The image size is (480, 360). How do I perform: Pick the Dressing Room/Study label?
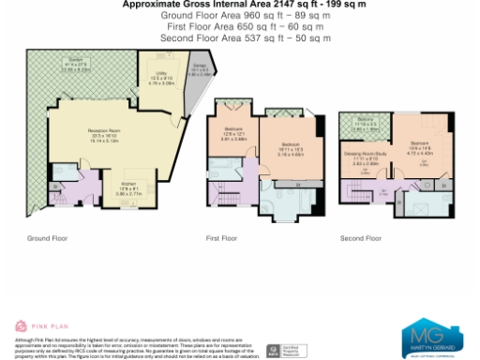tap(361, 155)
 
